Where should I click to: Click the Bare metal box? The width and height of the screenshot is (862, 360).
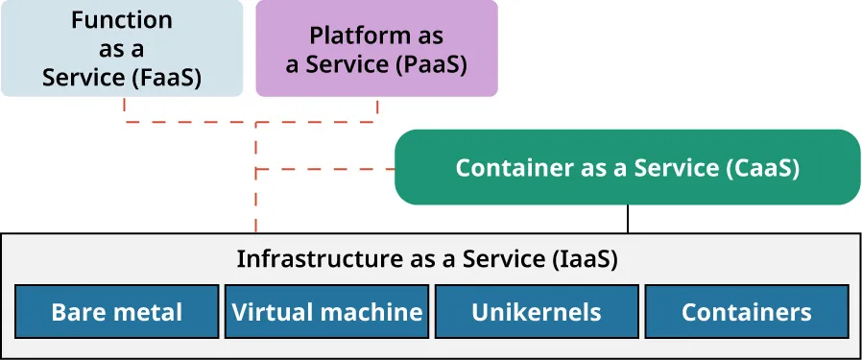(x=116, y=311)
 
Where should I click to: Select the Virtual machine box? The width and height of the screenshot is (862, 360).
(x=327, y=311)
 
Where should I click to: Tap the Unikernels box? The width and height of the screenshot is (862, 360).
(x=536, y=311)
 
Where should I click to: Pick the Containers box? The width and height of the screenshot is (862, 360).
(x=746, y=311)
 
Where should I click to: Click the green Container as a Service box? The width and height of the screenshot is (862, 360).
(x=627, y=167)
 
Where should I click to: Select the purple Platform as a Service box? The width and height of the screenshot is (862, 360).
(x=376, y=48)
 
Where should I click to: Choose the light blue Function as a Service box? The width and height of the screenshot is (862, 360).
(x=121, y=48)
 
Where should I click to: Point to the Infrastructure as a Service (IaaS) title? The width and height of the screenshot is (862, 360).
(x=426, y=258)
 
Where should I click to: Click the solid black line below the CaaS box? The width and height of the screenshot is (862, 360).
(x=628, y=219)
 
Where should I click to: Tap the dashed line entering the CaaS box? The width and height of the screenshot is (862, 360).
(x=326, y=169)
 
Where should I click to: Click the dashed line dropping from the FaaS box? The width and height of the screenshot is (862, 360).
(x=125, y=109)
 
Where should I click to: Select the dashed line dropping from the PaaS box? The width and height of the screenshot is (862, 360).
(x=376, y=109)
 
